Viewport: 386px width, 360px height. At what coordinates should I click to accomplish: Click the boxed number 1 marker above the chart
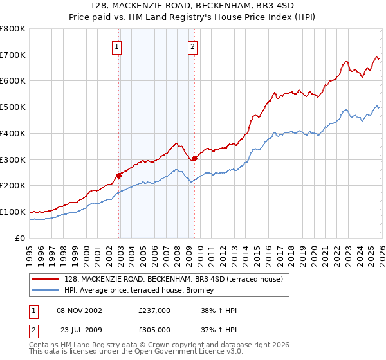[117, 46]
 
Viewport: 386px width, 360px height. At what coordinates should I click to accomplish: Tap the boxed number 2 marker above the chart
[193, 46]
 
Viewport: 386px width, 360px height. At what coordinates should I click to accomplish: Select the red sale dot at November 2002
[118, 175]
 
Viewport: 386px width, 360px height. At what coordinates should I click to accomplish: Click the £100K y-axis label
[13, 212]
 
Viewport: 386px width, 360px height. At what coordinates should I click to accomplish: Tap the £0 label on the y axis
[19, 238]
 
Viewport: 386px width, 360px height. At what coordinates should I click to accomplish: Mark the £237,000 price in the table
[154, 310]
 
